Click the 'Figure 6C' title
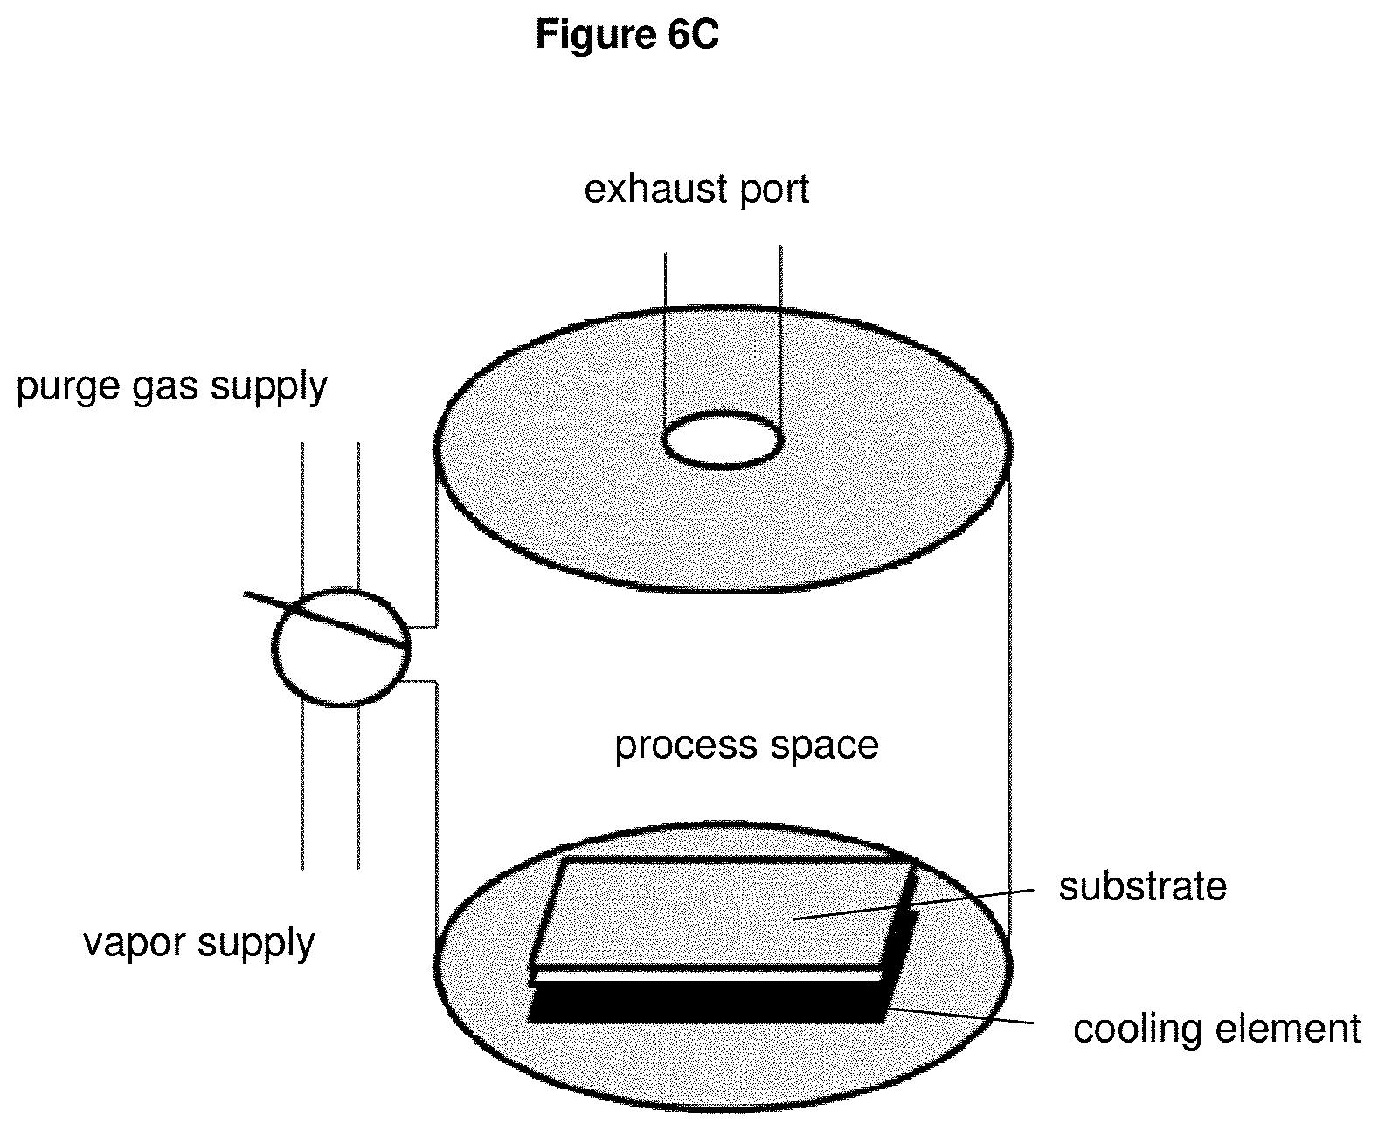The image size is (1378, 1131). coord(627,34)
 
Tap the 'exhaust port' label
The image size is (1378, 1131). coord(696,191)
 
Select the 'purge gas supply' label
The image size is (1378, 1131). coord(171,388)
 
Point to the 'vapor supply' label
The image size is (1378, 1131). coord(198,944)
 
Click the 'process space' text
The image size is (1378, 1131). coord(746,746)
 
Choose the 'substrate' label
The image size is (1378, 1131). coord(1142,886)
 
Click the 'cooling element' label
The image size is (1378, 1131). coord(1216,1029)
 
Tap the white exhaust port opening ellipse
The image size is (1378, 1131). coord(722,440)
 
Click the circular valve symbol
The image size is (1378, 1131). coord(341,648)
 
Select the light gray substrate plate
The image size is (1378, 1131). coord(722,914)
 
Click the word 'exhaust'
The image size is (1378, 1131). coord(654,189)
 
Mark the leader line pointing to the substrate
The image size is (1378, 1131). coord(913,904)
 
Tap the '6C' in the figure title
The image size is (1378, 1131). coord(693,34)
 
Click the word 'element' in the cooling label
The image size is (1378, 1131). coord(1289,1029)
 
